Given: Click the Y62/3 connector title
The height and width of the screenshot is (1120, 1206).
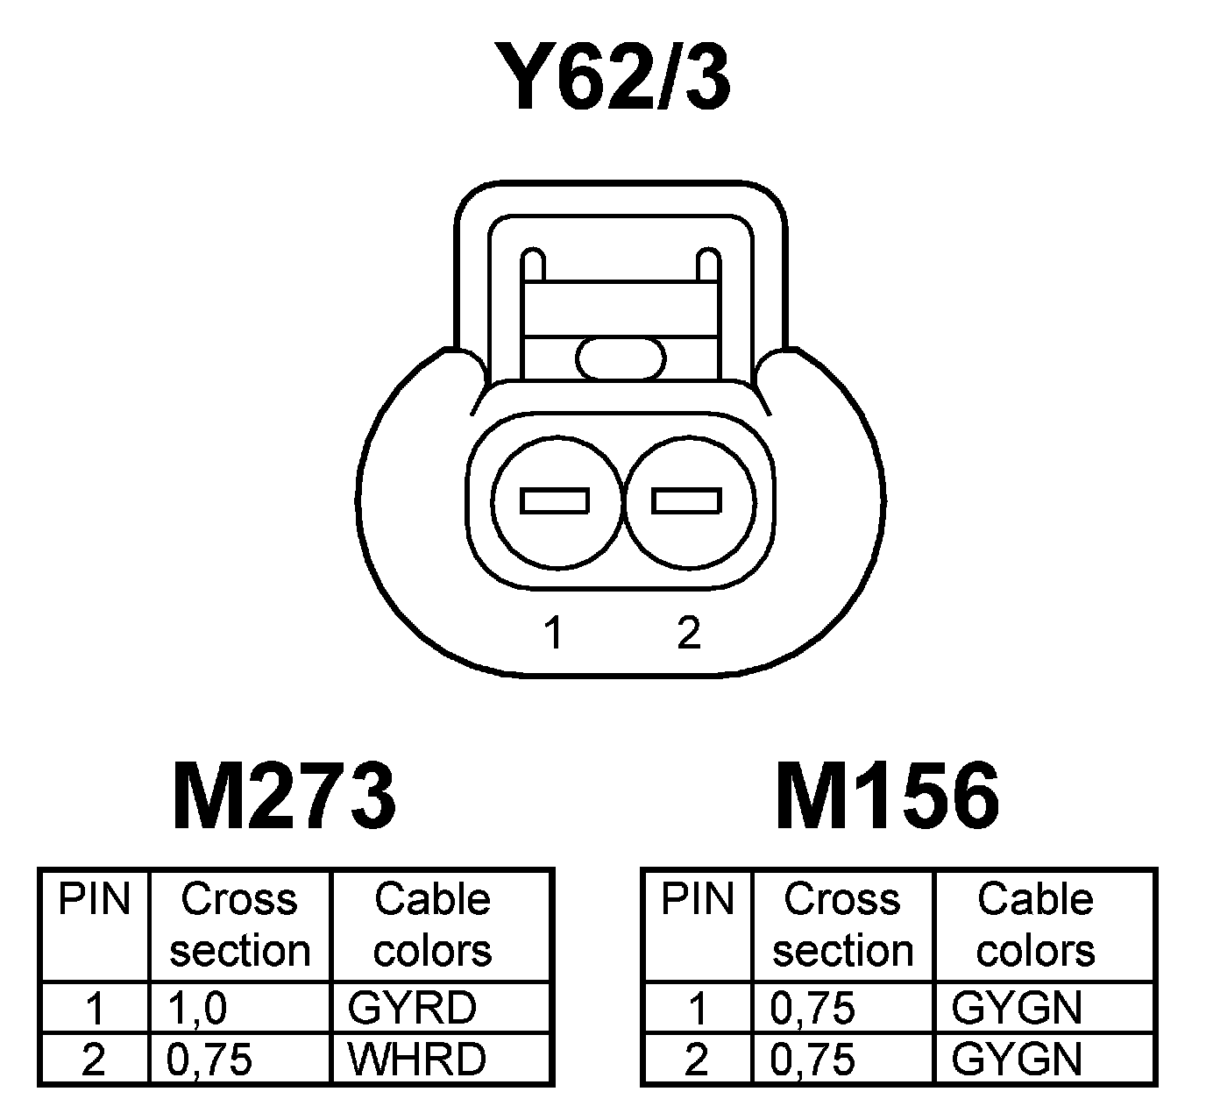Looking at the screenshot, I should pos(611,79).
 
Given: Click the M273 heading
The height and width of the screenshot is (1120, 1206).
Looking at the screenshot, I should pos(284,796).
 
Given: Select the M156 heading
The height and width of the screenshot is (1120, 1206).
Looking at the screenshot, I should pos(887,796).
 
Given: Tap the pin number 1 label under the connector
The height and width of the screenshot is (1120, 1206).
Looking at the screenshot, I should pos(553,633).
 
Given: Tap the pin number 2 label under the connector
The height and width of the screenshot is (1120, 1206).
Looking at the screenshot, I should pos(689,633).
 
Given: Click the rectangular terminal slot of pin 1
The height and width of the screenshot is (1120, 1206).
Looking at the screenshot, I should pos(555,501).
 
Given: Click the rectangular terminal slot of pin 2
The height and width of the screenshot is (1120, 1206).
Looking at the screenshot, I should pos(687,501).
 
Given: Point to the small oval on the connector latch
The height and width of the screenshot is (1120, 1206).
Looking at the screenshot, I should pos(621,359).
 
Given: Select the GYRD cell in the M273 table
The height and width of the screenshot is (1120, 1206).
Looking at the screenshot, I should pos(412,1008).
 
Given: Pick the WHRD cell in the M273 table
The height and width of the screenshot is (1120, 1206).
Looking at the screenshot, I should pos(416,1059).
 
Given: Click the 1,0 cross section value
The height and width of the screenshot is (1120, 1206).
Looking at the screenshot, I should pos(197,1008).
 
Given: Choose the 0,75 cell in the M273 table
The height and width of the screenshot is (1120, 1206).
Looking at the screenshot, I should pos(209,1060).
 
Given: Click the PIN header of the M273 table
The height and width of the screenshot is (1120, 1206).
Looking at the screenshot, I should pos(94,900).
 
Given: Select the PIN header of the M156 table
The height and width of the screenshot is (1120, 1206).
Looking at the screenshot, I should pos(697,900).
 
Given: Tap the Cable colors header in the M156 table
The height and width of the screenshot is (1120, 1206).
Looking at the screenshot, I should pos(1035,925).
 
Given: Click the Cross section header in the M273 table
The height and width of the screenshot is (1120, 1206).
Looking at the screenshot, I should pos(240,925).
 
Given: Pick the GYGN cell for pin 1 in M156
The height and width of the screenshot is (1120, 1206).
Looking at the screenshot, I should pos(1017,1008).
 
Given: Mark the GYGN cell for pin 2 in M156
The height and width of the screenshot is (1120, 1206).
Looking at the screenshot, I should pos(1017,1060).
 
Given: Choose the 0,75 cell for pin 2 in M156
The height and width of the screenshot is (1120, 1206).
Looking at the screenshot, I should pos(812,1060).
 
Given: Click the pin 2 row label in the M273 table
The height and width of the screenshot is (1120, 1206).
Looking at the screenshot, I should pos(93,1060).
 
